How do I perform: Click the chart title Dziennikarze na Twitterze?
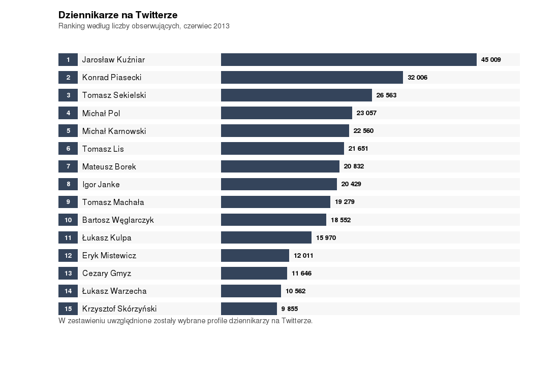pyautogui.click(x=118, y=15)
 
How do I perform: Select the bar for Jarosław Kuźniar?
pyautogui.click(x=349, y=60)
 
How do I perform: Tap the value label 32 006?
pyautogui.click(x=418, y=78)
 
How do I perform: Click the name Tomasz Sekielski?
pyautogui.click(x=114, y=95)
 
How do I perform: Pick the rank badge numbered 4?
pyautogui.click(x=68, y=113)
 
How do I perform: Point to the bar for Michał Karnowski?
pyautogui.click(x=285, y=131)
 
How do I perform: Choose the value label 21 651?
pyautogui.click(x=358, y=149)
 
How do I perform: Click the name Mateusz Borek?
pyautogui.click(x=109, y=166)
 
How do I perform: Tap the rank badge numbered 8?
pyautogui.click(x=68, y=184)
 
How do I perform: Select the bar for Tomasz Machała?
pyautogui.click(x=275, y=202)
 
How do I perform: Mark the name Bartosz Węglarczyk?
pyautogui.click(x=118, y=220)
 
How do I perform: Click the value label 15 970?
pyautogui.click(x=326, y=238)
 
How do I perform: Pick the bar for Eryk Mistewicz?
pyautogui.click(x=255, y=256)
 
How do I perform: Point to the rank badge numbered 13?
pyautogui.click(x=68, y=273)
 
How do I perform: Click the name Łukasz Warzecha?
pyautogui.click(x=114, y=291)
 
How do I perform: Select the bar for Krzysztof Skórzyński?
pyautogui.click(x=249, y=309)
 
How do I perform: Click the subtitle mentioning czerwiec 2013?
pyautogui.click(x=144, y=26)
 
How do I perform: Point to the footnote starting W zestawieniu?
pyautogui.click(x=185, y=321)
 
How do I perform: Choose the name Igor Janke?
pyautogui.click(x=101, y=184)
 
